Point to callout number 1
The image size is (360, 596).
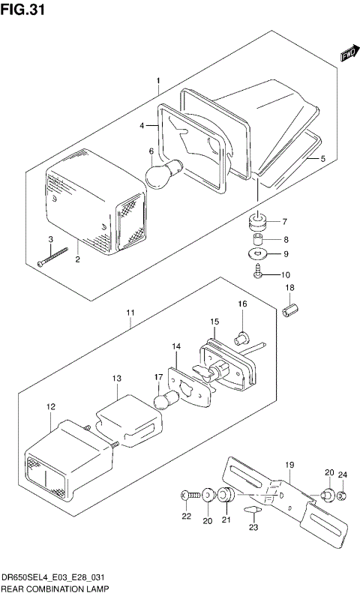[158, 80]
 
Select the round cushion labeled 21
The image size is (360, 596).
[226, 496]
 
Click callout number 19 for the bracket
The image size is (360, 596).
[290, 465]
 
